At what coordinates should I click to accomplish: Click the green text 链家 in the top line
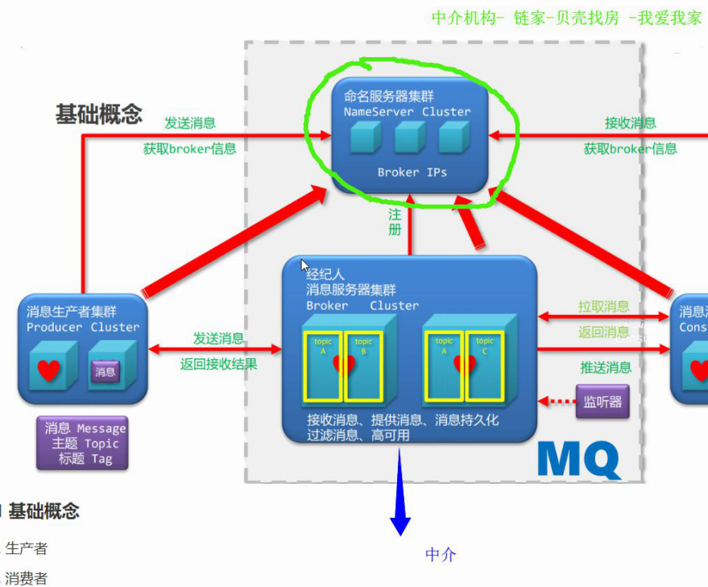click(529, 18)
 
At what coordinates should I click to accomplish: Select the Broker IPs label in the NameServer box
click(412, 172)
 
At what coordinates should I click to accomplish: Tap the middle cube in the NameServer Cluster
click(410, 138)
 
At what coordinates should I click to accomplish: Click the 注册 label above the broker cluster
click(395, 221)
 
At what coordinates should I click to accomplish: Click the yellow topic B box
click(363, 366)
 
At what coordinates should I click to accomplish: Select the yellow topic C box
click(485, 366)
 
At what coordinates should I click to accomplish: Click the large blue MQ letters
click(579, 459)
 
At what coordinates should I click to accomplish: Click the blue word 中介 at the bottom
click(441, 554)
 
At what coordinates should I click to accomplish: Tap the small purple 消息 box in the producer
click(106, 372)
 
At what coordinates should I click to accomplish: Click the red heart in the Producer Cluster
click(49, 370)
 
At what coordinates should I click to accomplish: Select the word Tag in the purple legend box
click(101, 459)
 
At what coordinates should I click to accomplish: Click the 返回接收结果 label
click(218, 364)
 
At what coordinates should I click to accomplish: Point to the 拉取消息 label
click(604, 307)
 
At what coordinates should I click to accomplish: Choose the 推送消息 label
click(606, 368)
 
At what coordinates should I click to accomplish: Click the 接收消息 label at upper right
click(631, 123)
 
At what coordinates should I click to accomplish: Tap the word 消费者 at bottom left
click(27, 578)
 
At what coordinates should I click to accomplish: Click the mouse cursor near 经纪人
click(305, 265)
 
